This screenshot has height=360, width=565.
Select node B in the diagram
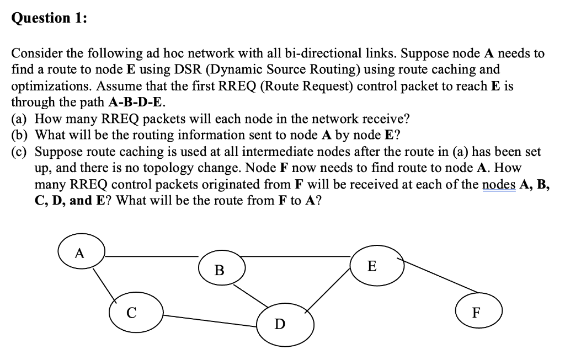220,270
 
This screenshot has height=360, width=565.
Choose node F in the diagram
479,312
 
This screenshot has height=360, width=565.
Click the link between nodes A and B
152,256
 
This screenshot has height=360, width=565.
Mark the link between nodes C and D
210,319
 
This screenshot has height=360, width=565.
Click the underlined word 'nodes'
499,184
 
